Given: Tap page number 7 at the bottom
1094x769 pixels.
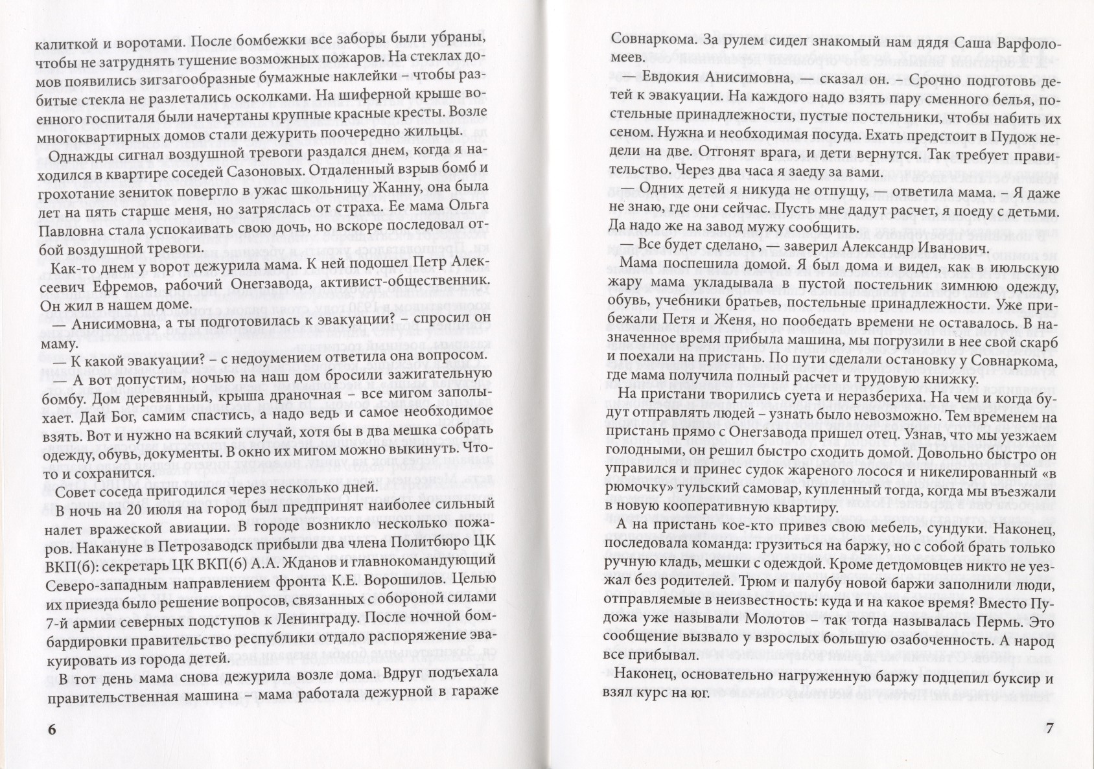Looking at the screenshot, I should (x=1051, y=728).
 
